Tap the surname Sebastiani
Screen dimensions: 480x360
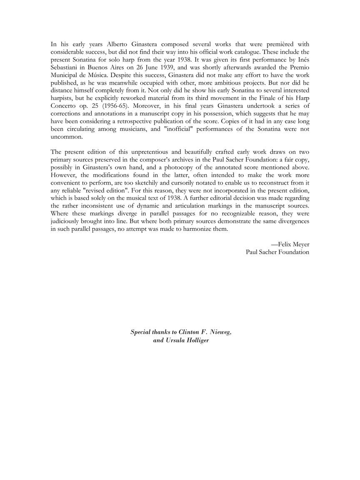coord(66,67)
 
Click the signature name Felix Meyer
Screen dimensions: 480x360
coord(293,245)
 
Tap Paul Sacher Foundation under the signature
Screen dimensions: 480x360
coord(277,252)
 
